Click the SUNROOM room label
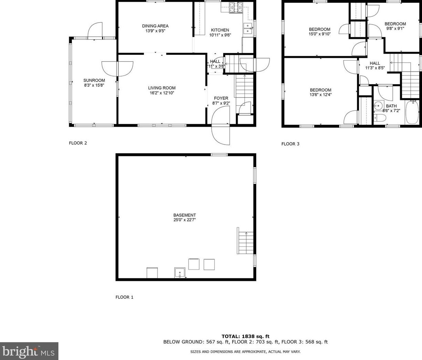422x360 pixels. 94,80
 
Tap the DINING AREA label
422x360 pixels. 155,26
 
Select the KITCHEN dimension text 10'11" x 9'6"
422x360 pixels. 220,35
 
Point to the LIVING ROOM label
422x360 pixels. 162,88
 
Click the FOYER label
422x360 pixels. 221,98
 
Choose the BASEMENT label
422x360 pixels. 185,215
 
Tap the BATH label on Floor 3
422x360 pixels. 391,106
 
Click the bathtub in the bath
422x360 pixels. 412,112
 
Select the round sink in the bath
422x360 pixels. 379,106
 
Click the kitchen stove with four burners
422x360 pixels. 236,7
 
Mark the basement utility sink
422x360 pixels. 180,272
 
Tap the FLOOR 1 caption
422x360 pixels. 124,297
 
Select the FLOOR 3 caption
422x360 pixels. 290,144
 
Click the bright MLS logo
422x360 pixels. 29,351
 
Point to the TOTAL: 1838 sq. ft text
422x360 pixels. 245,336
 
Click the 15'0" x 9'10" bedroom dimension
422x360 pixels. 320,34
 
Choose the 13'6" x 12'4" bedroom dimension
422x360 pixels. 321,95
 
